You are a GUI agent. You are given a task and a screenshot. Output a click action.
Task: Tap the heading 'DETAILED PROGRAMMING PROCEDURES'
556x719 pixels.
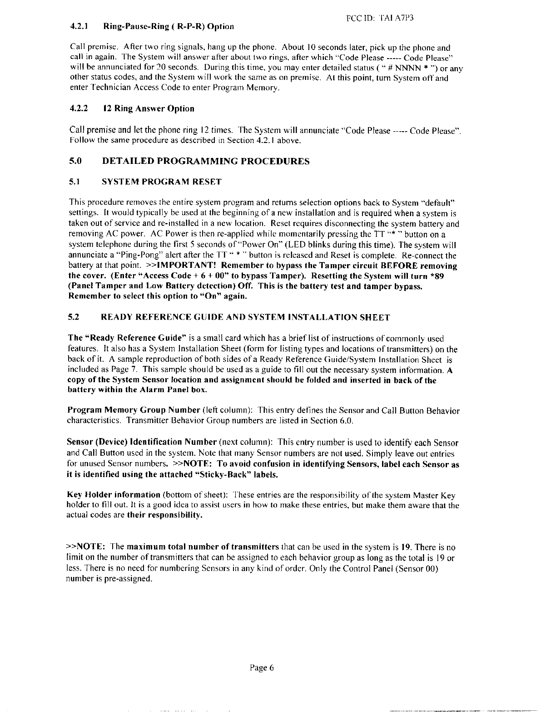[206, 161]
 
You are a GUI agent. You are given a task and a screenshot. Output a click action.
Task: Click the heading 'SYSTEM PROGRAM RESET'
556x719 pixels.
[162, 182]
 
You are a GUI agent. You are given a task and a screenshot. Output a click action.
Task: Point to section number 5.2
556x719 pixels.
[74, 317]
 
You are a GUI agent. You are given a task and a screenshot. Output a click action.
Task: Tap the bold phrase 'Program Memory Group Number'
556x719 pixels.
[134, 411]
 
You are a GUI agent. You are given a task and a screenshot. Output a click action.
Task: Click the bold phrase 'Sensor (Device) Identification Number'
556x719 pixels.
[141, 442]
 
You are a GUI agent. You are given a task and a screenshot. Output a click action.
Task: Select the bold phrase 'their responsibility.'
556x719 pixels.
[164, 516]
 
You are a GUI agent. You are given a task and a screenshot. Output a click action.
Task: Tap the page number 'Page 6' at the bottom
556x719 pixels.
[262, 667]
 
